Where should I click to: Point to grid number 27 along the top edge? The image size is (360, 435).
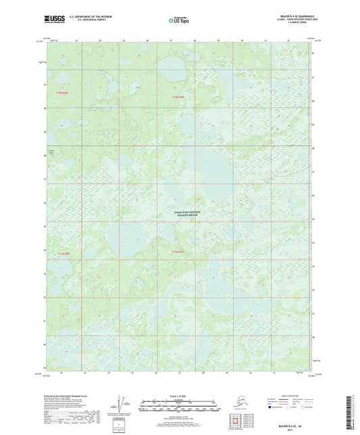tap(171, 41)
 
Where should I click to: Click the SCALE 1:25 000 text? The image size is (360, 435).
tap(180, 395)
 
